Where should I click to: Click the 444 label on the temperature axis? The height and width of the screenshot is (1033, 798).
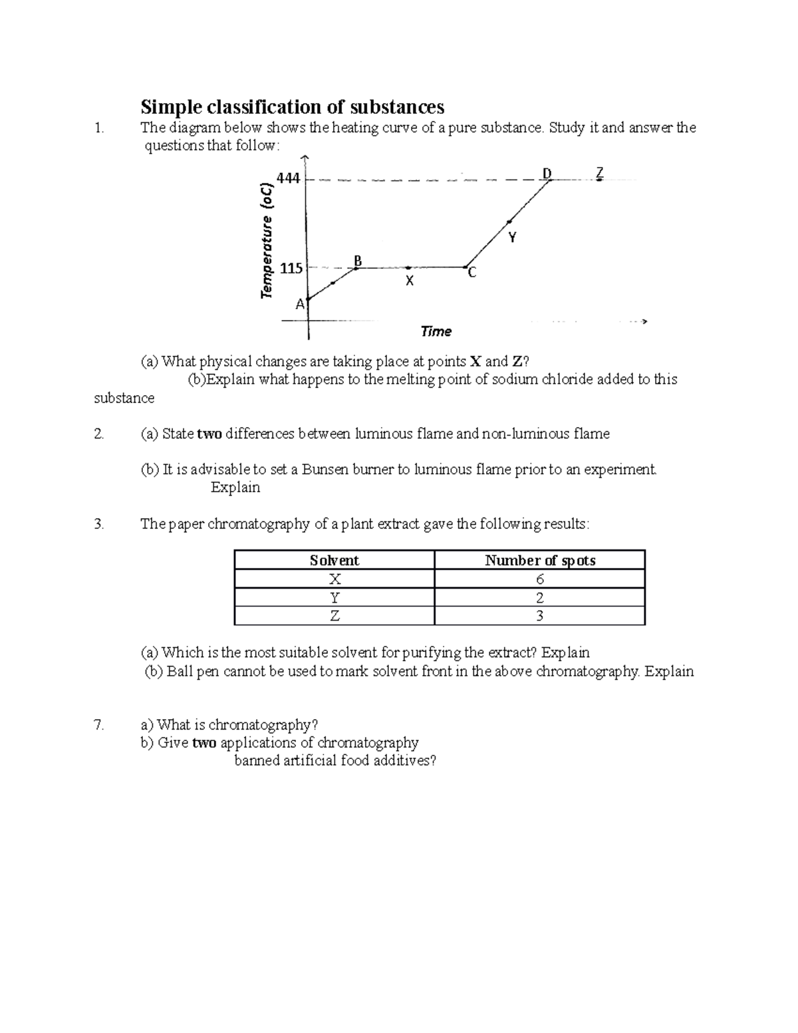[289, 178]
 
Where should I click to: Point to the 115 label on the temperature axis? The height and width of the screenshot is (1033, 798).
[291, 269]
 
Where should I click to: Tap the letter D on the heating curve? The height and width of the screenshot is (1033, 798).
[547, 174]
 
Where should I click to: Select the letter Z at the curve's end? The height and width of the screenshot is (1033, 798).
[599, 173]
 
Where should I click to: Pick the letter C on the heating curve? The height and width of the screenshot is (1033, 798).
[471, 273]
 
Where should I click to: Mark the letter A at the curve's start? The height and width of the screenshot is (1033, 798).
[300, 304]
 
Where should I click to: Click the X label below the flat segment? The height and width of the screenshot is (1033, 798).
[410, 281]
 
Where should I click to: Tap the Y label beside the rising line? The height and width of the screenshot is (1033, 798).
[512, 237]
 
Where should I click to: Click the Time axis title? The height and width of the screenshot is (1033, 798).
[436, 331]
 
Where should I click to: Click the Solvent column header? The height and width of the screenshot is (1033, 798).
[334, 561]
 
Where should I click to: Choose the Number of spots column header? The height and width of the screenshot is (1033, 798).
[539, 561]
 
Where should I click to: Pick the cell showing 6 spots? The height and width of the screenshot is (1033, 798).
[539, 579]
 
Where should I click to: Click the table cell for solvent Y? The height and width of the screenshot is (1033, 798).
[334, 598]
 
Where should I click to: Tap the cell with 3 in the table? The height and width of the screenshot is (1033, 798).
[539, 616]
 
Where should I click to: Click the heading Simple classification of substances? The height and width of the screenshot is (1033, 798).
[292, 106]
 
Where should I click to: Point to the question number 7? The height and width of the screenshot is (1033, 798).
[99, 725]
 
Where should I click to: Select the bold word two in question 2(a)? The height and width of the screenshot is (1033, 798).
[209, 434]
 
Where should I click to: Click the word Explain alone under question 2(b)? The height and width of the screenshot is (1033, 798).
[235, 488]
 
